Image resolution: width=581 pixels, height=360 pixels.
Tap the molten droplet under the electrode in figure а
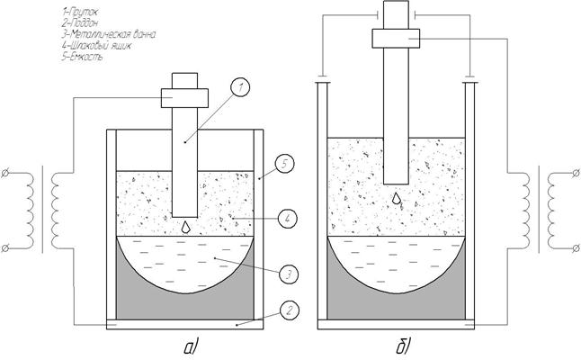tap(184, 227)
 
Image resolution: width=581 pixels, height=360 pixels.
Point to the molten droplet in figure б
tap(397, 198)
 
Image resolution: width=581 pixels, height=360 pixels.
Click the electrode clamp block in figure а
tap(184, 96)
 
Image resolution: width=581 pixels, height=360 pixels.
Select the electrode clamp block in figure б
tap(397, 37)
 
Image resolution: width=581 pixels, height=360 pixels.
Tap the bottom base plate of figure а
tap(184, 323)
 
